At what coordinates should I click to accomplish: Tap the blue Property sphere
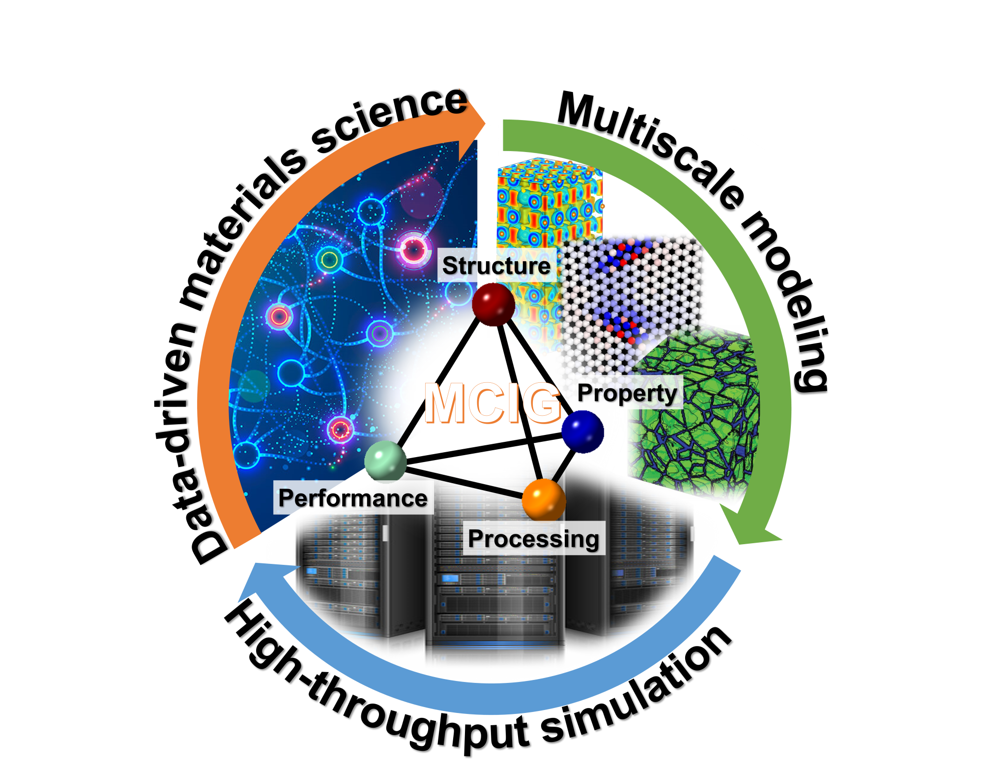582,432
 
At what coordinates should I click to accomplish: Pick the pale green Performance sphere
385,461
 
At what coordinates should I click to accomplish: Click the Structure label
496,266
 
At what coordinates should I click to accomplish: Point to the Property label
628,393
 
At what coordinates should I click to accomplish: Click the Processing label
534,539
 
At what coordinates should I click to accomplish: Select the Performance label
353,498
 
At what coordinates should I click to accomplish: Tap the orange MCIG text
493,403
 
